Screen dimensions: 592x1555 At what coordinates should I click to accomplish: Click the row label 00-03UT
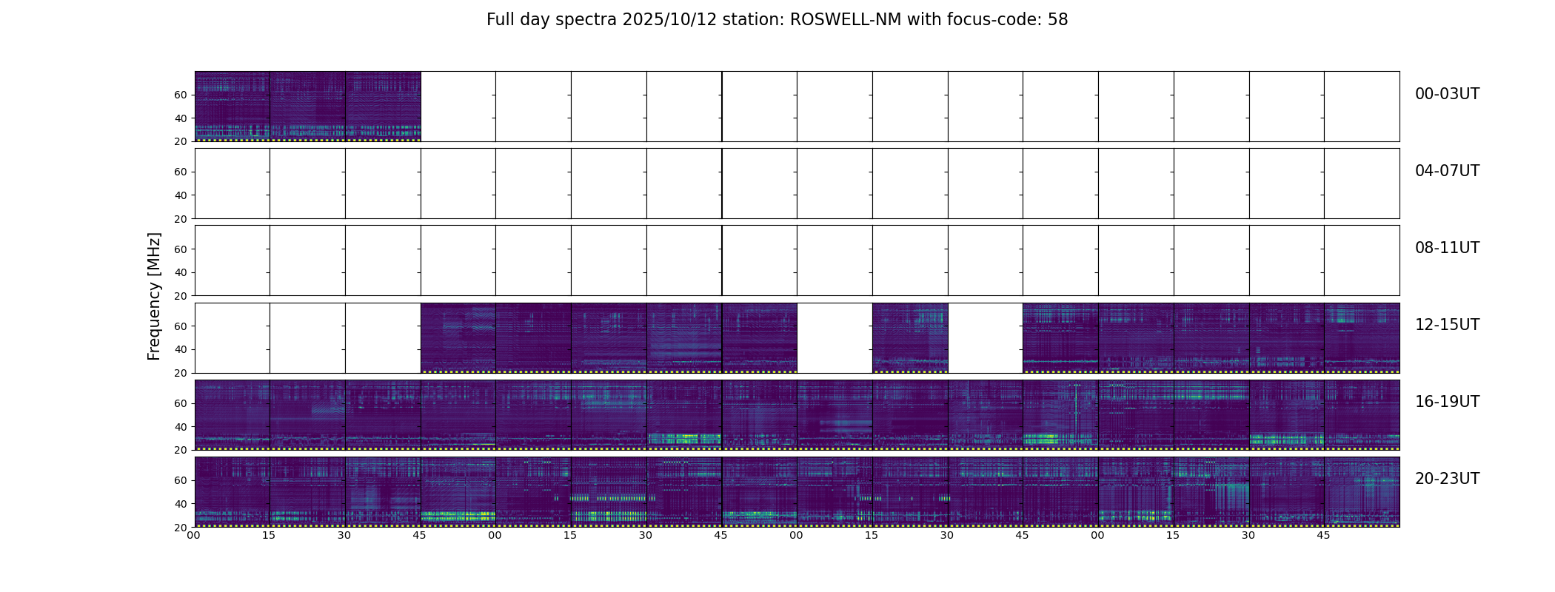[1447, 94]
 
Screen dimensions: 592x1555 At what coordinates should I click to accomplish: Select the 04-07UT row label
[1447, 171]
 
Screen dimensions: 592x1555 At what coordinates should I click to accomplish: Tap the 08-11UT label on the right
[1447, 248]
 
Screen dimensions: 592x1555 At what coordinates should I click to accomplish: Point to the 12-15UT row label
[1447, 325]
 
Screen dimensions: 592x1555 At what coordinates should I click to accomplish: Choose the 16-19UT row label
[1447, 402]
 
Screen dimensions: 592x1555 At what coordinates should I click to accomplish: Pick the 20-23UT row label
[1447, 479]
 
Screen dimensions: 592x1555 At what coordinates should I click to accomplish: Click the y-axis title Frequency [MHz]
[154, 296]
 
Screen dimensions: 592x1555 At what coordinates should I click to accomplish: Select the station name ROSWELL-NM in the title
[846, 20]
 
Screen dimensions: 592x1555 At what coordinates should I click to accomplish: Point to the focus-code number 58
[1057, 20]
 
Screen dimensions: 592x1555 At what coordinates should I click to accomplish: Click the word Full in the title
[501, 20]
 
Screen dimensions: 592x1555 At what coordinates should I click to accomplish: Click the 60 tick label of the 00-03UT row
[180, 95]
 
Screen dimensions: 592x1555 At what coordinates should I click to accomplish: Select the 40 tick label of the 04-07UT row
[180, 195]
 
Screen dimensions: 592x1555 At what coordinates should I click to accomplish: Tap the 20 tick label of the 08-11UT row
[180, 296]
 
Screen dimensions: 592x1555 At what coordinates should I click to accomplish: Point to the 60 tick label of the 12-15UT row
[180, 326]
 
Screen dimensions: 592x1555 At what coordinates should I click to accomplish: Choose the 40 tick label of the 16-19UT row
[180, 427]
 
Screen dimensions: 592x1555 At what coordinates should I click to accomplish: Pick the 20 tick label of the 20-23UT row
[180, 528]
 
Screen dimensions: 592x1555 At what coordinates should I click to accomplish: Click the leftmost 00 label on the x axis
[194, 536]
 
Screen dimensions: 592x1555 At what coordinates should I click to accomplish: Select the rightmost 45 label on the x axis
[1324, 536]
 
